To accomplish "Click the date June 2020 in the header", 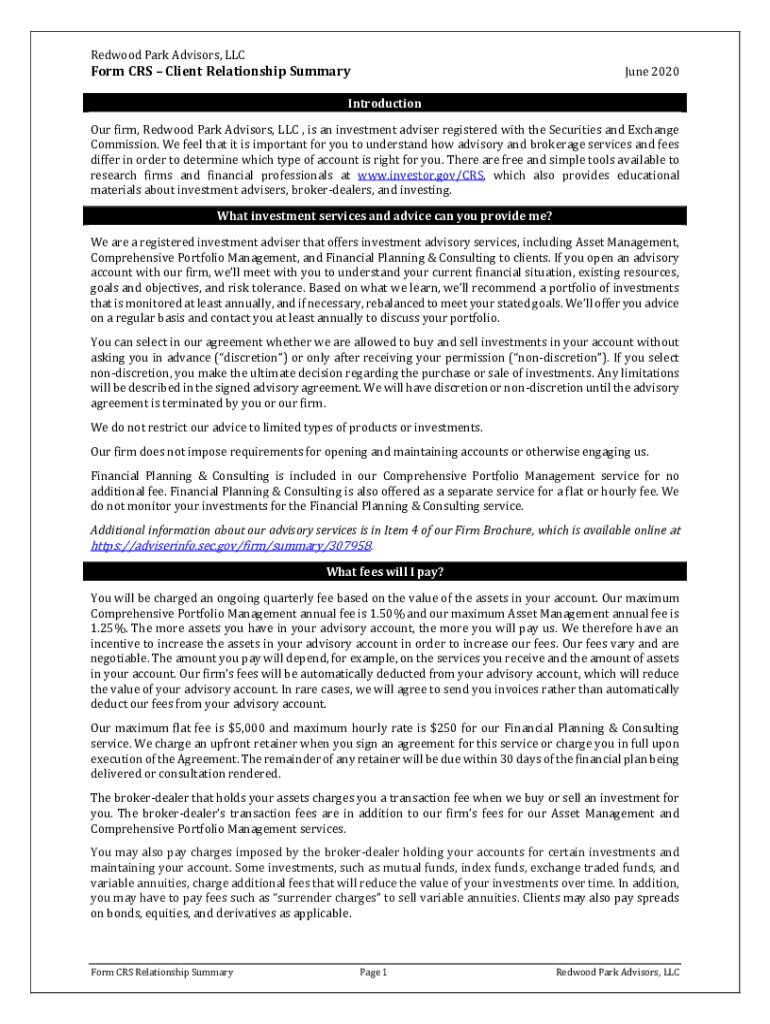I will pyautogui.click(x=651, y=71).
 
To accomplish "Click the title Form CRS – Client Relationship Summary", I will pyautogui.click(x=221, y=71).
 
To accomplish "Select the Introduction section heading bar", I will pyautogui.click(x=385, y=103).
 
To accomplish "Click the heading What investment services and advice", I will pyautogui.click(x=385, y=217).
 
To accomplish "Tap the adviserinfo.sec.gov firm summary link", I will pyautogui.click(x=231, y=546).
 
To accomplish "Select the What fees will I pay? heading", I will pyautogui.click(x=385, y=572).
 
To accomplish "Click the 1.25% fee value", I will pyautogui.click(x=107, y=628).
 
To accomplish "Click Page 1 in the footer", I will pyautogui.click(x=372, y=972).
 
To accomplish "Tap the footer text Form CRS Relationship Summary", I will pyautogui.click(x=161, y=972).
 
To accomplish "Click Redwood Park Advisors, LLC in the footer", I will pyautogui.click(x=618, y=972).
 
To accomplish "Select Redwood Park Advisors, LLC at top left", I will pyautogui.click(x=168, y=55).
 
